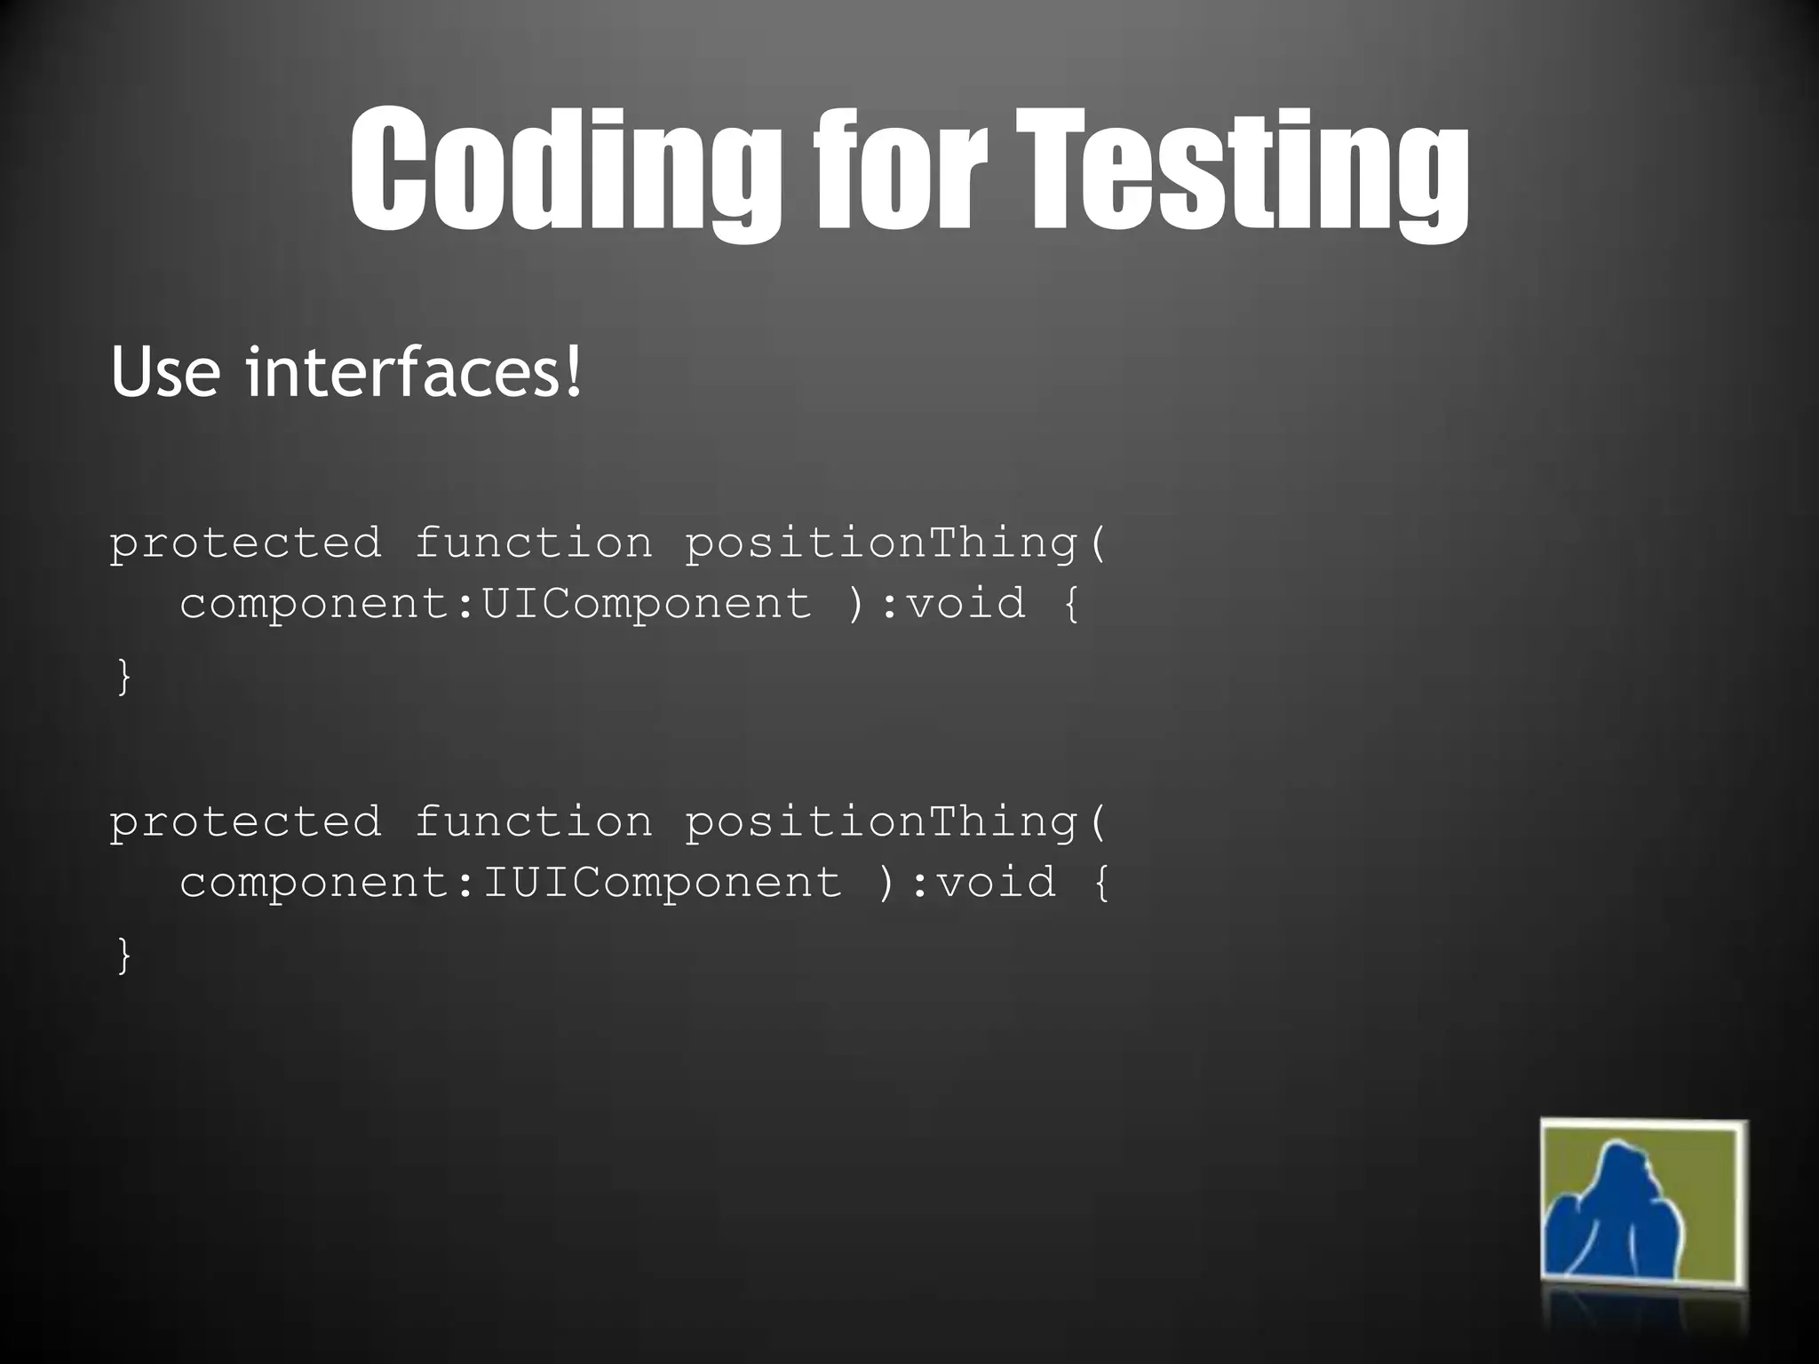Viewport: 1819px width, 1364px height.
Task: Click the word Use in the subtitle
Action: tap(165, 373)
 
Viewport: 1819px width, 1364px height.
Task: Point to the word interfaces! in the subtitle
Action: tap(414, 373)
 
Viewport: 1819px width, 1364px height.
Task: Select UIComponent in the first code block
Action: tap(646, 605)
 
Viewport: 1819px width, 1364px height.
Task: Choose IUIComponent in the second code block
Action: tap(661, 883)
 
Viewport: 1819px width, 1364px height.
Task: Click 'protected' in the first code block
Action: tap(245, 543)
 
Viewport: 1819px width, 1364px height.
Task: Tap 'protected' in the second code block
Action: tap(245, 821)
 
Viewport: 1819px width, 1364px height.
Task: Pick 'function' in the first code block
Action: tap(533, 543)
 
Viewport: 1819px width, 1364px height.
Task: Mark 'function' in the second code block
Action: tap(533, 821)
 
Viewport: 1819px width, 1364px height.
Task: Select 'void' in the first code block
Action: tap(965, 605)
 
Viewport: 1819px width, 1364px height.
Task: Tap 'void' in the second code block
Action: tap(996, 883)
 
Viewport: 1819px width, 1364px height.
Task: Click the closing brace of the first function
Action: tap(124, 677)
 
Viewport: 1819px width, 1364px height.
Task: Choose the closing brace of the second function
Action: tap(124, 956)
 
